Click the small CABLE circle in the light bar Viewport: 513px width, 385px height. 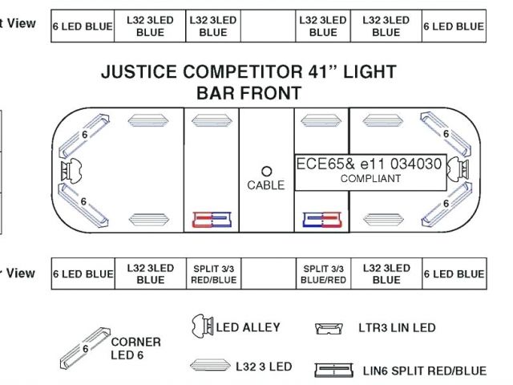(267, 172)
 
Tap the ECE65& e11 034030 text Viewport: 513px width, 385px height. (369, 164)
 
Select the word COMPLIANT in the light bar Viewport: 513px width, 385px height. (370, 178)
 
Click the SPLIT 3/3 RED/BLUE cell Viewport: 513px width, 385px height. (212, 274)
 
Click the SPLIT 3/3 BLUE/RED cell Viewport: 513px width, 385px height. (323, 274)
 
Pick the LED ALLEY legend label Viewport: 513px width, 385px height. (248, 326)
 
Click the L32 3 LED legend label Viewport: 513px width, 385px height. (264, 367)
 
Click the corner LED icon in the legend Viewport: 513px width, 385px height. (86, 346)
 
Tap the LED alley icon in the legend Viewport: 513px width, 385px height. (202, 326)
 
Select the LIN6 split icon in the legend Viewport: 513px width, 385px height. (333, 371)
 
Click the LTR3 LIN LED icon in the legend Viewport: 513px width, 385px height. (329, 329)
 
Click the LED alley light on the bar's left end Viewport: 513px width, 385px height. (70, 171)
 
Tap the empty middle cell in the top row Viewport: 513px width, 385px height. (267, 26)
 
